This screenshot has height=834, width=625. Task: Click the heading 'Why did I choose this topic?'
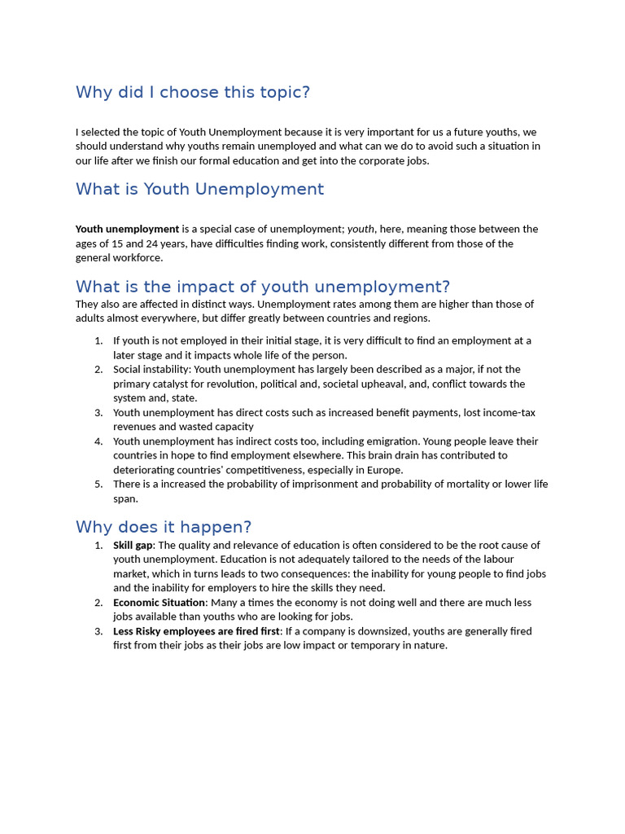[193, 92]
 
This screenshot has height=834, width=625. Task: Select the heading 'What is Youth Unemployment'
[199, 189]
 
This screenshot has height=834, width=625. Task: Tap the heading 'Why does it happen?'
[164, 527]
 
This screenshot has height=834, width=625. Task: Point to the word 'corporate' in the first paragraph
[359, 160]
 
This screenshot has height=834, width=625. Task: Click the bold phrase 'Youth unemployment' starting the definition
[127, 229]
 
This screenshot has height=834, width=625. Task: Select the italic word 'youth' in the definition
[361, 229]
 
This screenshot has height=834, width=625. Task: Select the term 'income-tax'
[509, 412]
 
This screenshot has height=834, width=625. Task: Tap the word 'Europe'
[384, 470]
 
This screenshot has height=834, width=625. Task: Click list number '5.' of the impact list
[98, 484]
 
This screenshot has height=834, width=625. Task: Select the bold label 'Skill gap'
[133, 545]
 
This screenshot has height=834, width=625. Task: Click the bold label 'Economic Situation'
[159, 602]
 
